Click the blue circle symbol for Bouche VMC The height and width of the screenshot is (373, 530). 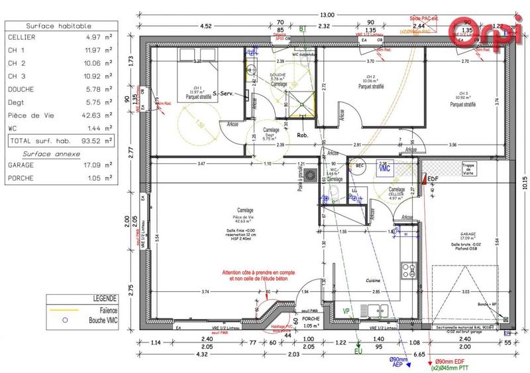[x=64, y=320]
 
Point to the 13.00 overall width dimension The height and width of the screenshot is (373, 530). [x=327, y=15]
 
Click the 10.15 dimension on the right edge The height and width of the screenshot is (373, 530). [x=523, y=183]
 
